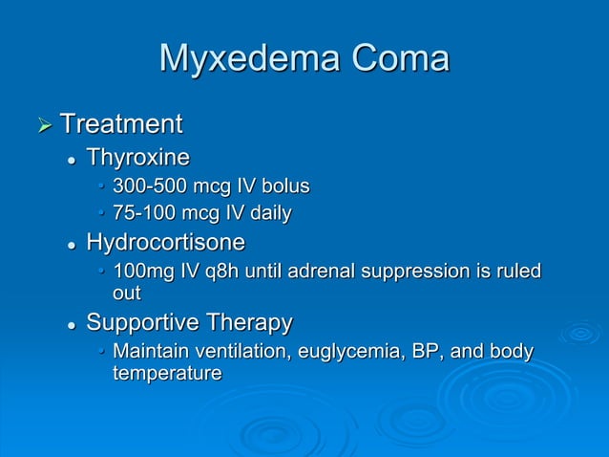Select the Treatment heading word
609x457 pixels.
[x=121, y=124]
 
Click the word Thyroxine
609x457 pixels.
[x=138, y=157]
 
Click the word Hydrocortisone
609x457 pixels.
[x=166, y=241]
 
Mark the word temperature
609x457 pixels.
[x=167, y=374]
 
